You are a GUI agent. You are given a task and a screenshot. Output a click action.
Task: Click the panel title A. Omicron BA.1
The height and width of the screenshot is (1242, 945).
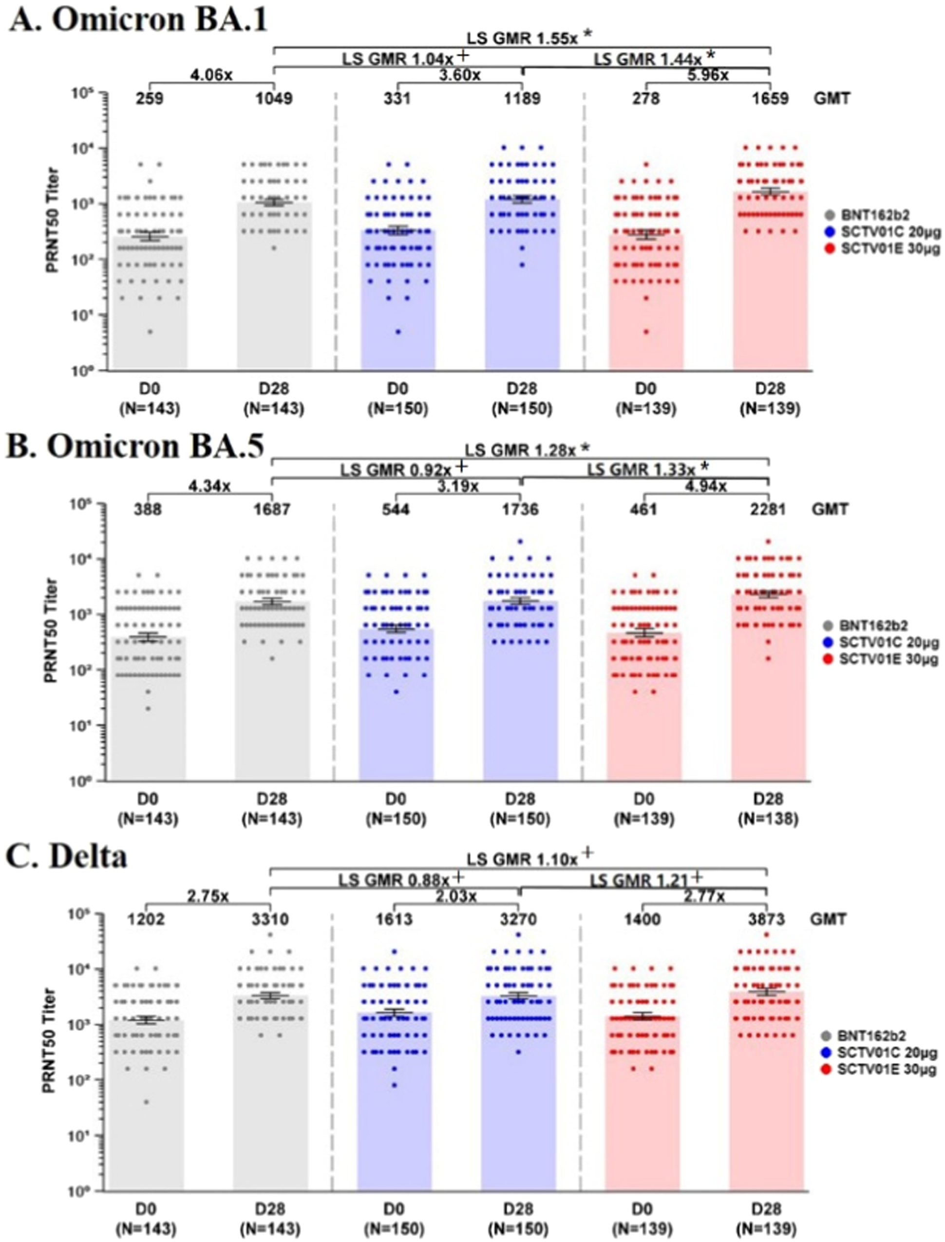tap(138, 21)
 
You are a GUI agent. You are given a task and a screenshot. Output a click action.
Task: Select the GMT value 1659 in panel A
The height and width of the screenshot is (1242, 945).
tap(770, 99)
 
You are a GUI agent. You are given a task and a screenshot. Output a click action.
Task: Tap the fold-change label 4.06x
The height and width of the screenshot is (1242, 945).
tap(211, 75)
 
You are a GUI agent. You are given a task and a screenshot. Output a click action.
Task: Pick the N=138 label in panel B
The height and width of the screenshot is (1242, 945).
tap(768, 819)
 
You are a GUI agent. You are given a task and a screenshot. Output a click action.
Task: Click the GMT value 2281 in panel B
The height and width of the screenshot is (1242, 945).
tap(768, 509)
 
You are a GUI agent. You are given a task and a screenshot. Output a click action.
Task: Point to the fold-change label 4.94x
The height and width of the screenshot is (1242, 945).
tap(705, 486)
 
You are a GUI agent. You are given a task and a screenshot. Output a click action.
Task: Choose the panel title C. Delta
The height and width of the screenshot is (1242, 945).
tap(66, 856)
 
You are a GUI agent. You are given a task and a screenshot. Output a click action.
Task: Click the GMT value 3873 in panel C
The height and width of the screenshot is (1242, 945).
tap(767, 920)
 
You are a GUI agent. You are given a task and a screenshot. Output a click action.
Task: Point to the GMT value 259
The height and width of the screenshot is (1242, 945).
tap(150, 99)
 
